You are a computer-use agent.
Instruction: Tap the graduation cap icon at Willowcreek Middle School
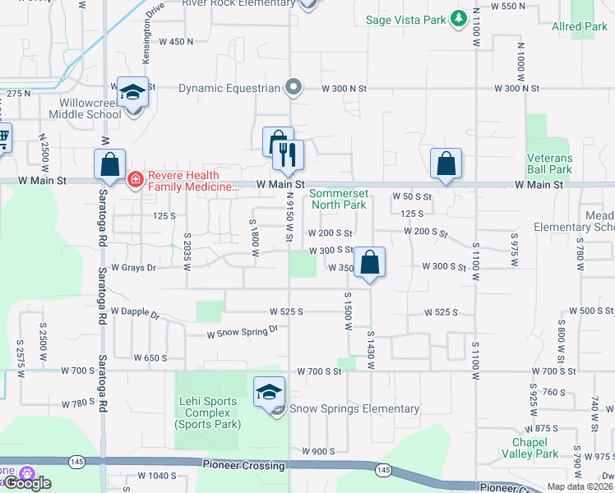[x=132, y=92]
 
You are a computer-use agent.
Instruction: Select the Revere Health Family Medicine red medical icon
[x=136, y=178]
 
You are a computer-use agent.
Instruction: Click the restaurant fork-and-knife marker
[x=288, y=155]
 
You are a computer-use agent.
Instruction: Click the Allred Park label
[x=580, y=27]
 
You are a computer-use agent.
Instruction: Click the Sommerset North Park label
[x=338, y=199]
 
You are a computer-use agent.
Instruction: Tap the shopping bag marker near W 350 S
[x=371, y=264]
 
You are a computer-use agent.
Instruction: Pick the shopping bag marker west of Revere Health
[x=109, y=164]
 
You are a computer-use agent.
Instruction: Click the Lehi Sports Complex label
[x=208, y=412]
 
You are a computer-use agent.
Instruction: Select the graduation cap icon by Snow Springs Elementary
[x=269, y=393]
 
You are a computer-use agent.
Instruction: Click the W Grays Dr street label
[x=133, y=267]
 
